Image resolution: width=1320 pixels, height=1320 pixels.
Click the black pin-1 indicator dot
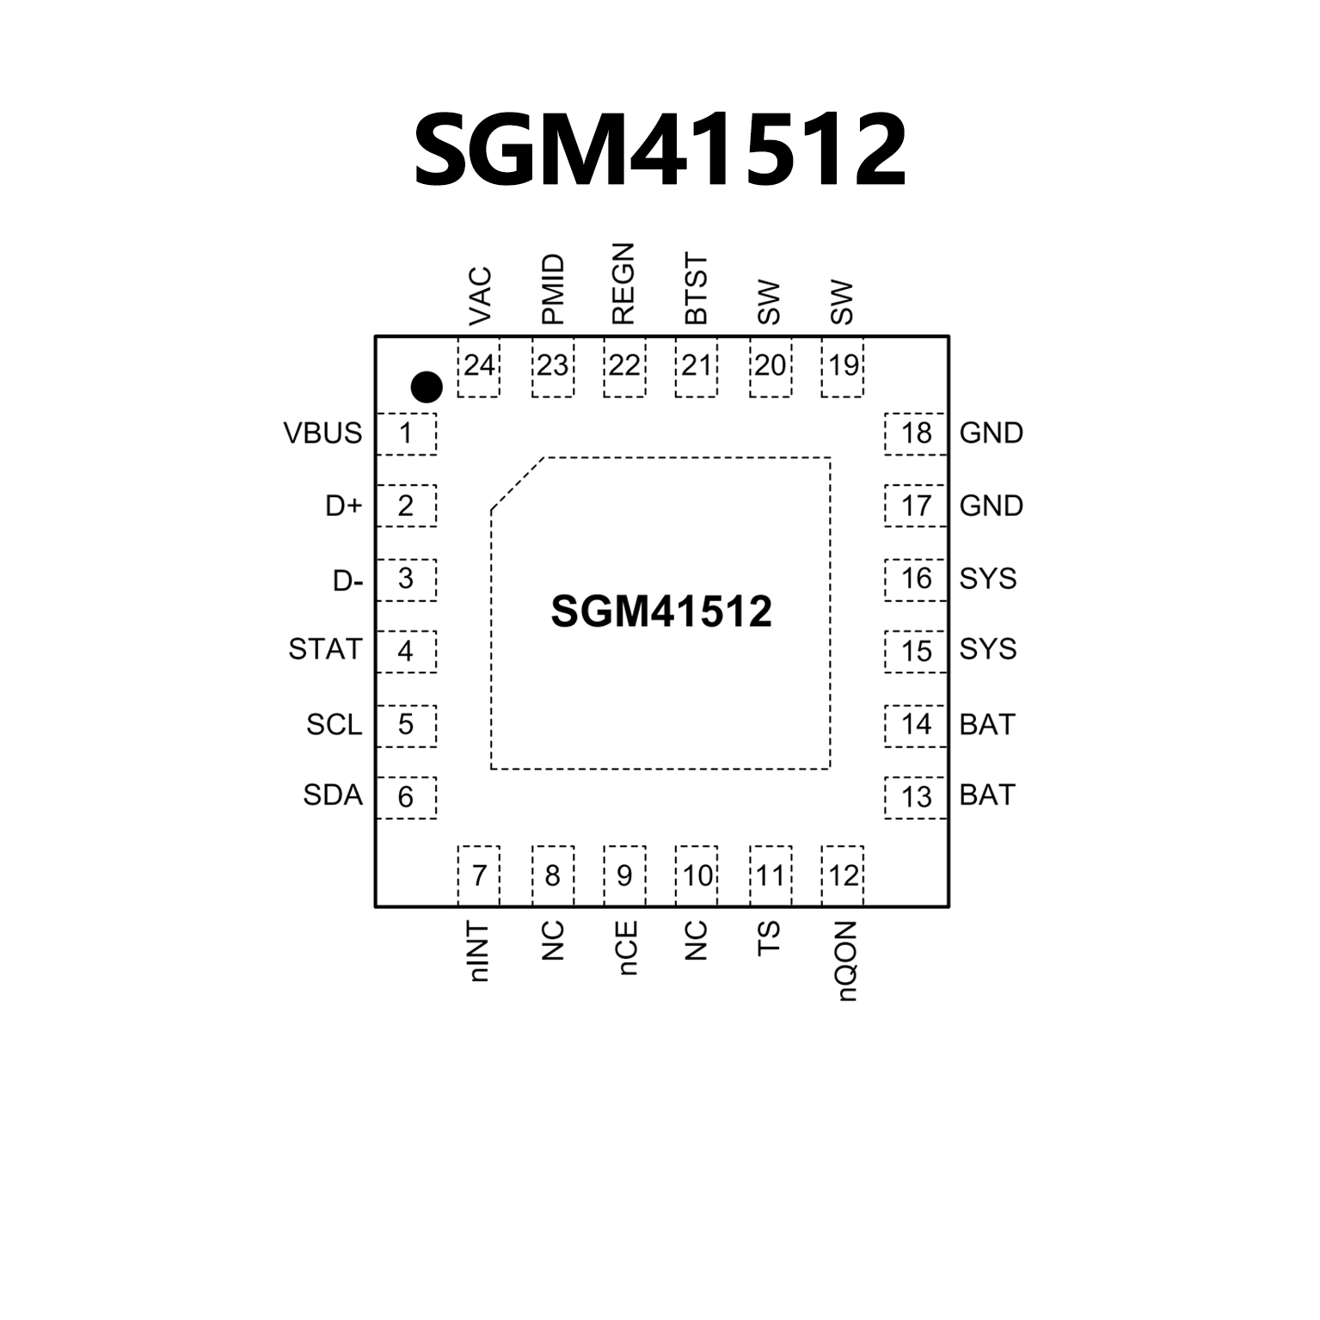pyautogui.click(x=427, y=387)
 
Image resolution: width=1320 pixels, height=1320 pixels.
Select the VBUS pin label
pyautogui.click(x=322, y=433)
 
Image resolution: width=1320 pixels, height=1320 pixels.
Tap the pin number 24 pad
pyautogui.click(x=479, y=367)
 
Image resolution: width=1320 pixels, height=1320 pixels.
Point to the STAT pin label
pyautogui.click(x=325, y=649)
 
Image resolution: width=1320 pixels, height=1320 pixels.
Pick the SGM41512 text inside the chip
pyautogui.click(x=660, y=612)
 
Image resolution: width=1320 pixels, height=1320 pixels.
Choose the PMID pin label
pyautogui.click(x=553, y=289)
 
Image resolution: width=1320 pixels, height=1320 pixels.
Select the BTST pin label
pyautogui.click(x=696, y=289)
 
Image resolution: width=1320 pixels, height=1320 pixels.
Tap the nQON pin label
pyautogui.click(x=845, y=961)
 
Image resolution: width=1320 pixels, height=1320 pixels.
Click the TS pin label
pyautogui.click(x=769, y=938)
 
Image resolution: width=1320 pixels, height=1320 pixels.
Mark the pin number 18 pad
pyautogui.click(x=916, y=433)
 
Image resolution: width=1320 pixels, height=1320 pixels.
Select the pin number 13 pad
pyautogui.click(x=916, y=797)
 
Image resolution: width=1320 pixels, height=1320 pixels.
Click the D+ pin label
pyautogui.click(x=344, y=507)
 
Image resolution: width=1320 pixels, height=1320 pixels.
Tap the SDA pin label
pyautogui.click(x=333, y=795)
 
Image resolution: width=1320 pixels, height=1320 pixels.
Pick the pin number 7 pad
pyautogui.click(x=479, y=876)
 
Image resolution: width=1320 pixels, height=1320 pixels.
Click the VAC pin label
pyautogui.click(x=480, y=297)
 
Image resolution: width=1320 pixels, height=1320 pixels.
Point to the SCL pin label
pyautogui.click(x=335, y=725)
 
